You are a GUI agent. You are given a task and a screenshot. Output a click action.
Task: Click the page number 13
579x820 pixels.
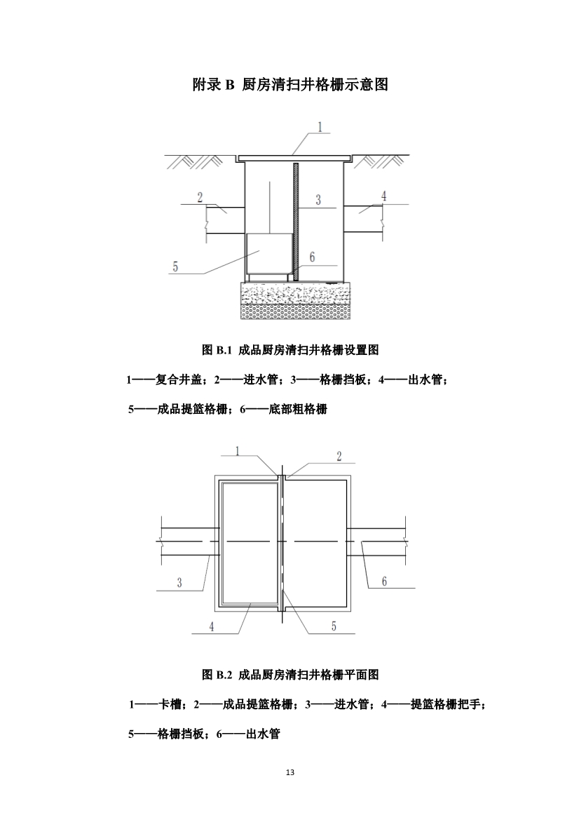pyautogui.click(x=290, y=772)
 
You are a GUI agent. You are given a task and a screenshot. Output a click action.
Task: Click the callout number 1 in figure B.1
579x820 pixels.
pyautogui.click(x=320, y=128)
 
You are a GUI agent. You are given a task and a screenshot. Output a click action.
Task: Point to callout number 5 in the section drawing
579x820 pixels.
pyautogui.click(x=175, y=266)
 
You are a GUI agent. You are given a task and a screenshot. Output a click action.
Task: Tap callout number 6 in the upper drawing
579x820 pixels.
pyautogui.click(x=312, y=257)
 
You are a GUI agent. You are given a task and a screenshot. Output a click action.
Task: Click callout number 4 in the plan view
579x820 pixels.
pyautogui.click(x=212, y=626)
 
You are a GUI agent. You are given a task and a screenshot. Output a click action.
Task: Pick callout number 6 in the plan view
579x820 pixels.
pyautogui.click(x=384, y=581)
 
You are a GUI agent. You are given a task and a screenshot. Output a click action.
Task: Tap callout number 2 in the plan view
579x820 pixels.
pyautogui.click(x=339, y=457)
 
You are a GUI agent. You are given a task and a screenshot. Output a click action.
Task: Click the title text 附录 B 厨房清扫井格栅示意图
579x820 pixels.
pyautogui.click(x=290, y=86)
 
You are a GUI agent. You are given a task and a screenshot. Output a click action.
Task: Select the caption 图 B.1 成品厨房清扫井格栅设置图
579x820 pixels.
pyautogui.click(x=290, y=349)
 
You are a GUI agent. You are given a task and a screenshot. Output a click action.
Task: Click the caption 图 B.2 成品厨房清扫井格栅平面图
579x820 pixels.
pyautogui.click(x=290, y=675)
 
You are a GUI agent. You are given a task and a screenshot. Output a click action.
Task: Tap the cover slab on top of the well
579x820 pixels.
pyautogui.click(x=293, y=158)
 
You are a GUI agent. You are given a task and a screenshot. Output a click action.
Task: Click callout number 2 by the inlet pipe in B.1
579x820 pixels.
pyautogui.click(x=200, y=196)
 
